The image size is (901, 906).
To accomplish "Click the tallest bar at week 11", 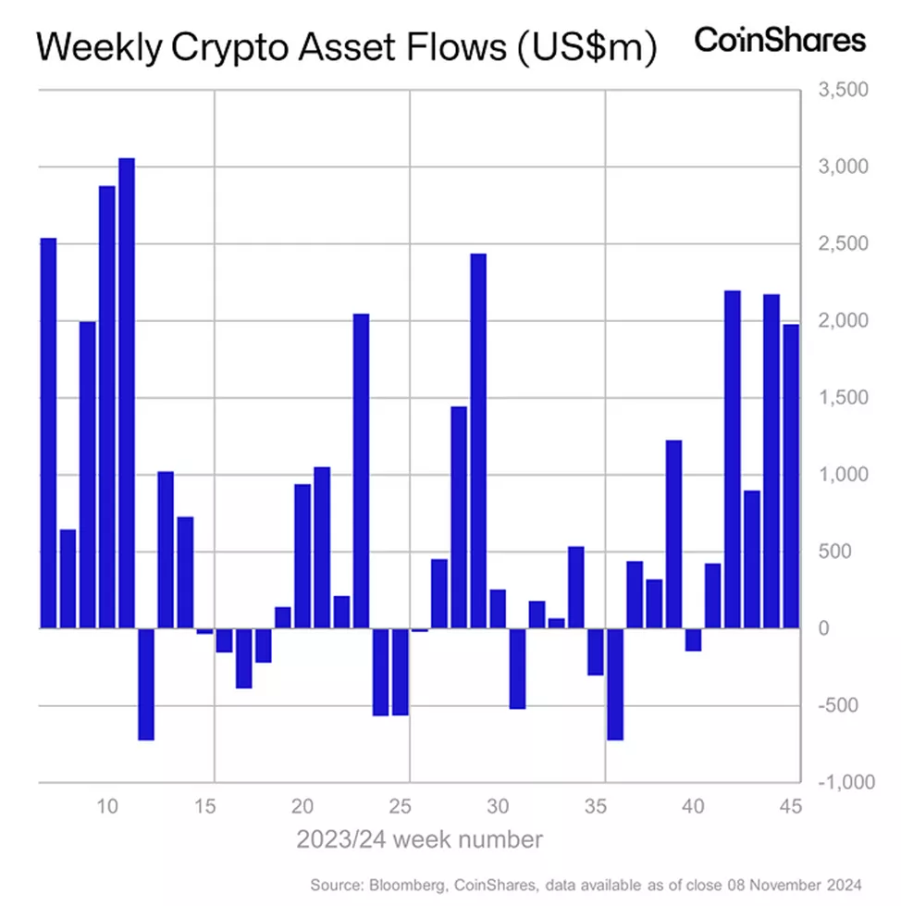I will pyautogui.click(x=127, y=393).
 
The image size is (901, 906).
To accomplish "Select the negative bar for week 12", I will pyautogui.click(x=146, y=684).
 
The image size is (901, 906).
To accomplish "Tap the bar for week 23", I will pyautogui.click(x=361, y=471).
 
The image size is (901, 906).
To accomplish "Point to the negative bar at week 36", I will pyautogui.click(x=615, y=684).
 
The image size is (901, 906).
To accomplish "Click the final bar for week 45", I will pyautogui.click(x=791, y=476).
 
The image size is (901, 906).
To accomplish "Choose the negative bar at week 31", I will pyautogui.click(x=517, y=668).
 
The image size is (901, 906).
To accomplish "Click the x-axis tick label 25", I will pyautogui.click(x=400, y=805).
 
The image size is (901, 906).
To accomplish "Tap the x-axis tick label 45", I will pyautogui.click(x=791, y=805).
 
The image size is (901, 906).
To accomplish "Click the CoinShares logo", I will pyautogui.click(x=780, y=40).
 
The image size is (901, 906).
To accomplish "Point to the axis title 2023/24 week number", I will pyautogui.click(x=419, y=839).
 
